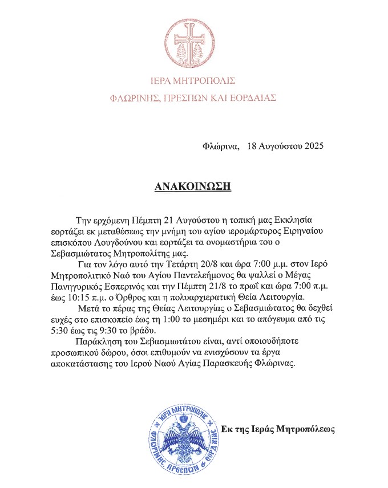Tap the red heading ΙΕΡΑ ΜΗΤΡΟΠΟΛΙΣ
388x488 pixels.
point(194,80)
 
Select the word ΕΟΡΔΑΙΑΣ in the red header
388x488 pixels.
point(253,98)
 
